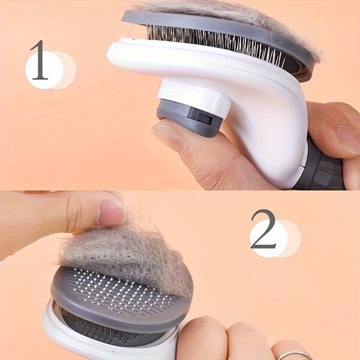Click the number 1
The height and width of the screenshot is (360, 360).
39,60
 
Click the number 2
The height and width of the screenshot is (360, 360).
263,229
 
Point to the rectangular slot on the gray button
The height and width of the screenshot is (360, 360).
205,118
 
